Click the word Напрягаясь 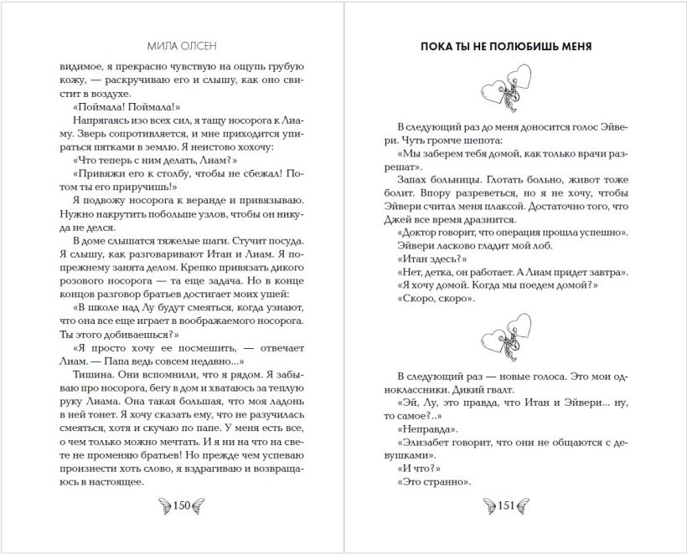[x=90, y=120]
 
